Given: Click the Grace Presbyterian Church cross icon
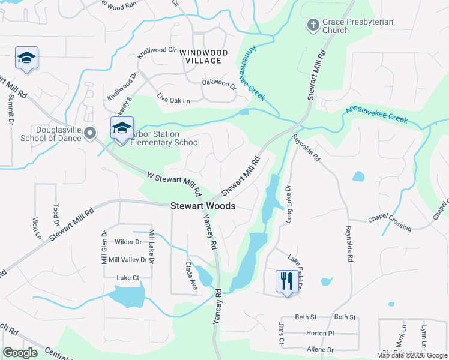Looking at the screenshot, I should click(312, 25).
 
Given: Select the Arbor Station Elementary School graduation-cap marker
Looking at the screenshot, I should click(121, 128).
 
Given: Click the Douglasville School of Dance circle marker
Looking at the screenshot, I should click(90, 133).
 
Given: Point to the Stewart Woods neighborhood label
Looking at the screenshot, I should click(203, 206).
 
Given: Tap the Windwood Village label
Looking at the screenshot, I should click(203, 57).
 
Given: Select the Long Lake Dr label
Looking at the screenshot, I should click(289, 205).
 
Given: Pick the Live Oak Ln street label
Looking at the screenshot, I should click(173, 98).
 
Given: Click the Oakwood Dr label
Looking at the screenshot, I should click(219, 85).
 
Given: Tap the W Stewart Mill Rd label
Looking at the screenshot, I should click(173, 185).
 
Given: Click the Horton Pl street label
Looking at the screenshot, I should click(319, 333).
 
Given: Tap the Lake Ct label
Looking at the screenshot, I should click(128, 278).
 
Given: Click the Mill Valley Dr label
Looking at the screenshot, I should click(127, 260).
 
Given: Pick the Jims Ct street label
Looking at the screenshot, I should click(281, 333).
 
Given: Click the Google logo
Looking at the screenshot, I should click(20, 353).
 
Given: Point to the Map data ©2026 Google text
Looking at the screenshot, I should click(411, 355).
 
